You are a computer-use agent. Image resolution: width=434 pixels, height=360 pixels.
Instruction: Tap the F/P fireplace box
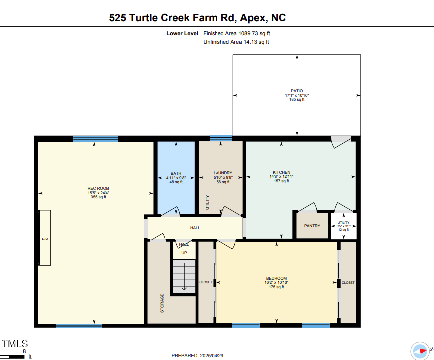(x=45, y=238)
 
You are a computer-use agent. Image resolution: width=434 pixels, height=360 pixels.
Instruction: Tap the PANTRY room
(x=312, y=226)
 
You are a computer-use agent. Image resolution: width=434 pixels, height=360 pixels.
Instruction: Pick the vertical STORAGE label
(x=162, y=303)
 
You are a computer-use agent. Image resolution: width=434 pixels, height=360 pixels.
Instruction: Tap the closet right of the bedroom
(x=348, y=282)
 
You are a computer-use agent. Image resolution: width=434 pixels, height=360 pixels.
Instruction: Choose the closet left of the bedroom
(x=206, y=282)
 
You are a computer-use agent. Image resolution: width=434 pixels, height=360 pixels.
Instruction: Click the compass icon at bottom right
(x=420, y=351)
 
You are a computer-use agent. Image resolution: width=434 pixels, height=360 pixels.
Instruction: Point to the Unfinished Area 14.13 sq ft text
(x=236, y=42)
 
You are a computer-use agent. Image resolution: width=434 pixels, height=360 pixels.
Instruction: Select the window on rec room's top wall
(x=96, y=139)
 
